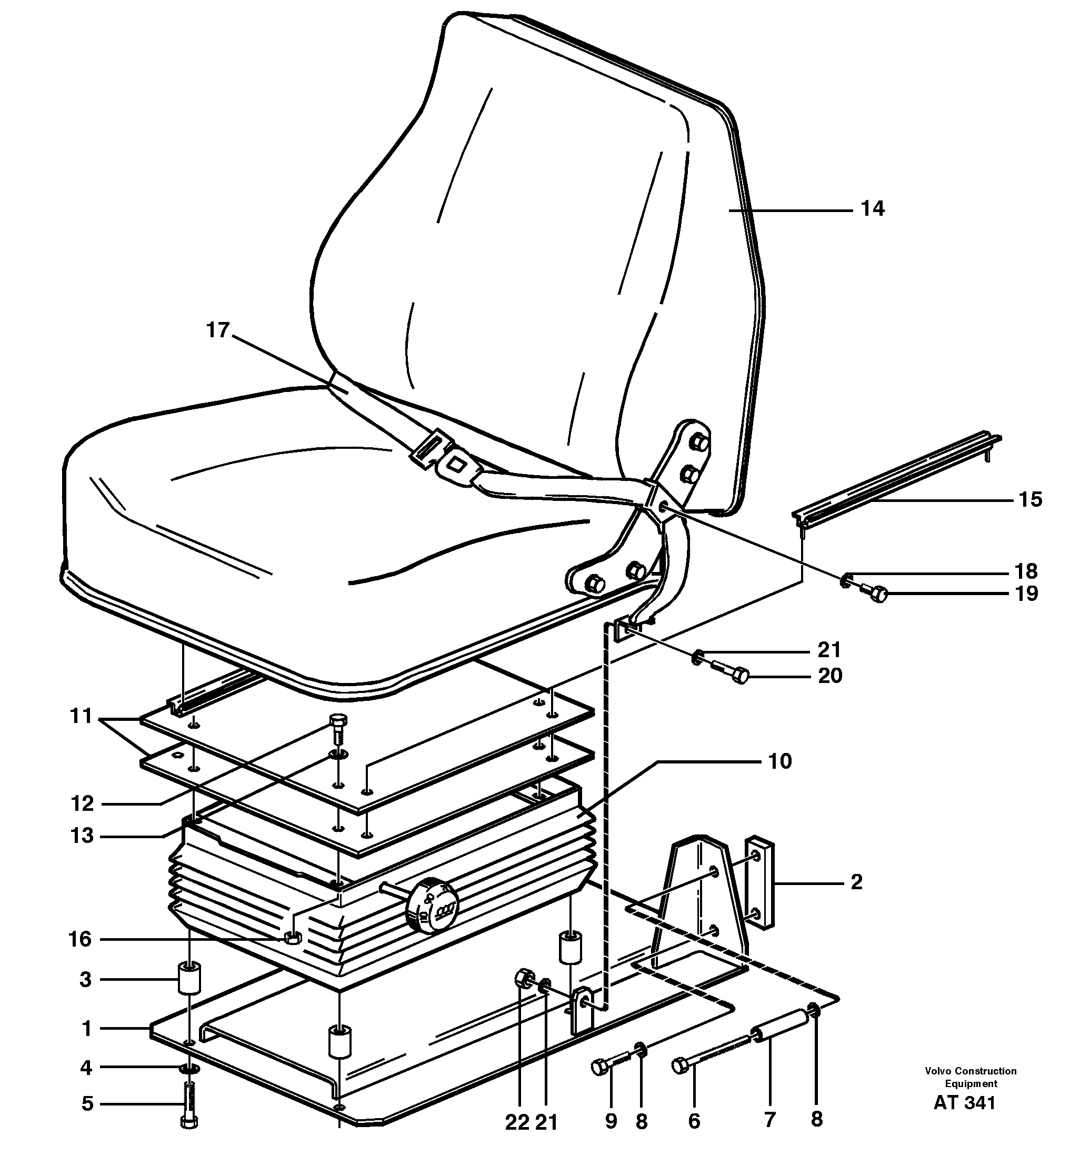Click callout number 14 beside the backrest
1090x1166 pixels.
coord(872,209)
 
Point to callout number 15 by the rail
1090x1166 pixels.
coord(1029,499)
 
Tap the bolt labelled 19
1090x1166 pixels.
coord(874,595)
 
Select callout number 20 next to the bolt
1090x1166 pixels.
coord(829,676)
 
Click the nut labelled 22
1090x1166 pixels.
coord(523,977)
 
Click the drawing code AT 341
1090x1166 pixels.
coord(964,1103)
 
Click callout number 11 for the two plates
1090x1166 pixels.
coord(81,716)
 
